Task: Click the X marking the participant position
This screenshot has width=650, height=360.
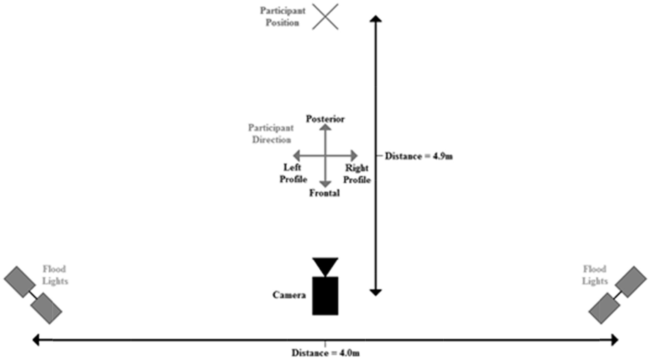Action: coord(325,17)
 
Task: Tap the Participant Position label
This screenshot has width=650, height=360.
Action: coord(282,17)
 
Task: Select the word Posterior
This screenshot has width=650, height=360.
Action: coord(325,119)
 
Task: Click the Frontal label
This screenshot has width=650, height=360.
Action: coord(324,193)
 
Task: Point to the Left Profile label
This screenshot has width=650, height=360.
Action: coord(293,173)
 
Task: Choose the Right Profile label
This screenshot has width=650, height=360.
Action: coord(357,174)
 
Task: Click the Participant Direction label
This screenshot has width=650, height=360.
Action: coord(271,133)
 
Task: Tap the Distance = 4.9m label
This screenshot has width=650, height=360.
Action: coord(418,156)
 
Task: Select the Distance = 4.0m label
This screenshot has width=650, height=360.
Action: coord(326,353)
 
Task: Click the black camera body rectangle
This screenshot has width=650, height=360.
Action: coord(325,296)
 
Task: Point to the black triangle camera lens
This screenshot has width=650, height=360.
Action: coord(325,266)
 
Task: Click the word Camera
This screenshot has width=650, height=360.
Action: coord(289,295)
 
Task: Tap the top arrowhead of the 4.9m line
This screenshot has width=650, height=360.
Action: coord(376,19)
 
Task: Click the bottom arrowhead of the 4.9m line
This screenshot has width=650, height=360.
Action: coord(376,292)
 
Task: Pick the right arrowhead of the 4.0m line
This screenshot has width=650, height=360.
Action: coord(614,340)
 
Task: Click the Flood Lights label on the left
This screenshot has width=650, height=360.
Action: coord(55,275)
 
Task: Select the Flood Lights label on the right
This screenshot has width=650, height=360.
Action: coord(595,275)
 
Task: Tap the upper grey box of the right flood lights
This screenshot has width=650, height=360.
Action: coord(631,281)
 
